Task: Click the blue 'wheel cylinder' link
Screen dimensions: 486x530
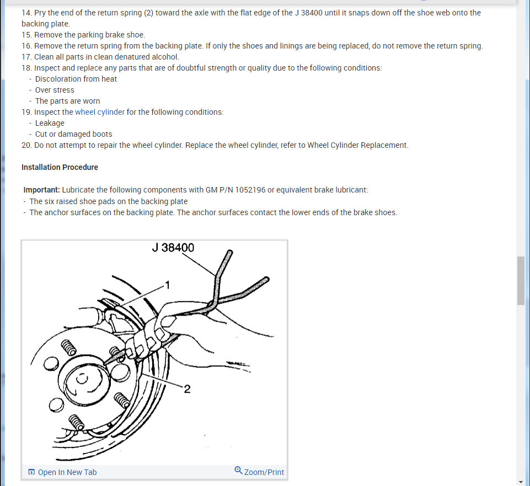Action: point(100,112)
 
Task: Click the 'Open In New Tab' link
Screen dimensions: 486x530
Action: point(67,472)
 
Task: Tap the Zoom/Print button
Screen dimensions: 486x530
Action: point(264,472)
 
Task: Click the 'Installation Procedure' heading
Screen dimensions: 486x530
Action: point(60,167)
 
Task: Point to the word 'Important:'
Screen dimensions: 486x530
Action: point(41,190)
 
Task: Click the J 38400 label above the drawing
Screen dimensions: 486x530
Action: point(173,248)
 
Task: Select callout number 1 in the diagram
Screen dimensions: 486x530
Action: point(168,285)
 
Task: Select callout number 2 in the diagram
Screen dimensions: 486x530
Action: point(187,389)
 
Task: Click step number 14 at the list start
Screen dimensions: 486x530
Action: point(26,13)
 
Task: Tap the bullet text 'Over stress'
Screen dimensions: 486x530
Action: point(55,90)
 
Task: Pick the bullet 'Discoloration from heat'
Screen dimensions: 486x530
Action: point(76,79)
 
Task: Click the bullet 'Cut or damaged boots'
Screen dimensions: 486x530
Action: point(73,134)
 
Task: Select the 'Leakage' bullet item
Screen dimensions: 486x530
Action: point(50,123)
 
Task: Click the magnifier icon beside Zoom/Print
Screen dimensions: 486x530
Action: point(238,471)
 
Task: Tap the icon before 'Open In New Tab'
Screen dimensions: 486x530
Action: point(31,472)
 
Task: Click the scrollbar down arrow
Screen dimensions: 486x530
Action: point(521,482)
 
